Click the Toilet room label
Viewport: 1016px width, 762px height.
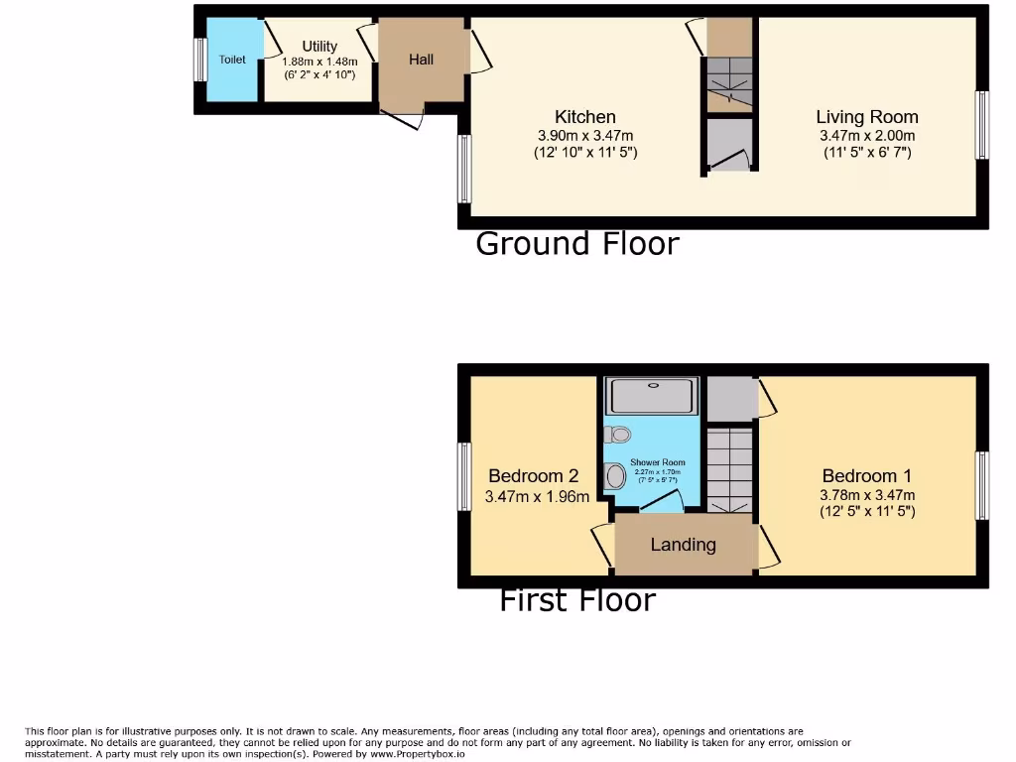tap(232, 60)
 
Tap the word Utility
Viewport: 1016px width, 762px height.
tap(319, 46)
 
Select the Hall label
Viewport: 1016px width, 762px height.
tap(421, 60)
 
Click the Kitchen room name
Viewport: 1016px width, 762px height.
tap(585, 117)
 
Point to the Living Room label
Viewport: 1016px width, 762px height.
tap(867, 117)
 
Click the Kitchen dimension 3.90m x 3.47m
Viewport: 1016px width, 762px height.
tap(585, 136)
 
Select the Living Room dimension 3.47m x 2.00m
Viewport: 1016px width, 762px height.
tap(867, 136)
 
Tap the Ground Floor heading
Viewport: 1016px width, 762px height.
tap(577, 243)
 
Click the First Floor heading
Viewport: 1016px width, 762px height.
tap(577, 599)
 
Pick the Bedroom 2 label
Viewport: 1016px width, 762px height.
tap(534, 476)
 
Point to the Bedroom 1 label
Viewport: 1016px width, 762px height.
tap(867, 476)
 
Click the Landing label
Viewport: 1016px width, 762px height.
tap(684, 544)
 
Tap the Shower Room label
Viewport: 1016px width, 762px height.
tap(658, 462)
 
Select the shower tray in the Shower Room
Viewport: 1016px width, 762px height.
tap(653, 396)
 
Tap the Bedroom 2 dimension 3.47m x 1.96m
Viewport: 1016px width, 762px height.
tap(537, 496)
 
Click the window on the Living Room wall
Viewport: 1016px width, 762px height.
tap(982, 125)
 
